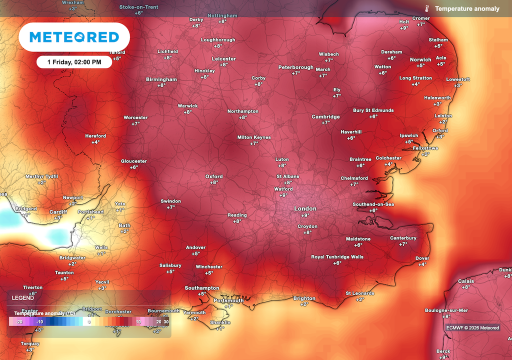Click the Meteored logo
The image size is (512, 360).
click(x=74, y=37)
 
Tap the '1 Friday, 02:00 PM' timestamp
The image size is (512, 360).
click(x=74, y=62)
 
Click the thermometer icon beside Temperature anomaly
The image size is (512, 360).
click(x=427, y=8)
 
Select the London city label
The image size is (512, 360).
click(x=305, y=208)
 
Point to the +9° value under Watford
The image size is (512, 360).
click(x=283, y=195)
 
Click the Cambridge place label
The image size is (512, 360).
click(x=325, y=117)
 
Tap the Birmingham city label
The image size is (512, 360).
click(x=161, y=79)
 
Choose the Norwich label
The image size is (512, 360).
click(x=420, y=59)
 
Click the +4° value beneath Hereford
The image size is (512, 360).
click(x=95, y=142)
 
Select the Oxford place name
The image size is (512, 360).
click(x=214, y=176)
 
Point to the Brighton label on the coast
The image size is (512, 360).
click(x=304, y=298)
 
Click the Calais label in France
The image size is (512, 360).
click(x=466, y=281)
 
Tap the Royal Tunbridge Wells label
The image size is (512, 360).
click(x=337, y=257)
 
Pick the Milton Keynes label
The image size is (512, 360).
click(x=254, y=137)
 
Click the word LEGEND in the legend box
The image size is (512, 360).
click(x=23, y=297)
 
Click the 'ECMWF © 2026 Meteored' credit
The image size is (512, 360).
click(x=472, y=328)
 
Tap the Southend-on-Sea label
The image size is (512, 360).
click(x=373, y=204)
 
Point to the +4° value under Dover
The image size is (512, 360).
click(x=422, y=264)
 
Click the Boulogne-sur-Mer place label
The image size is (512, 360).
click(x=446, y=310)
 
